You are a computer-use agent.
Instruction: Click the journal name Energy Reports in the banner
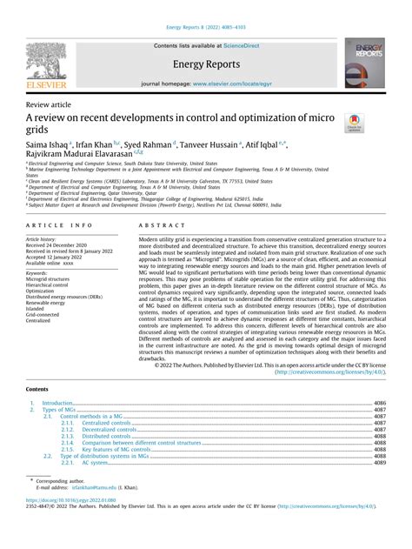206,64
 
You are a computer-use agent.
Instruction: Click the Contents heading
38,389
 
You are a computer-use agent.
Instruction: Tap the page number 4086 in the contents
379,404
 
